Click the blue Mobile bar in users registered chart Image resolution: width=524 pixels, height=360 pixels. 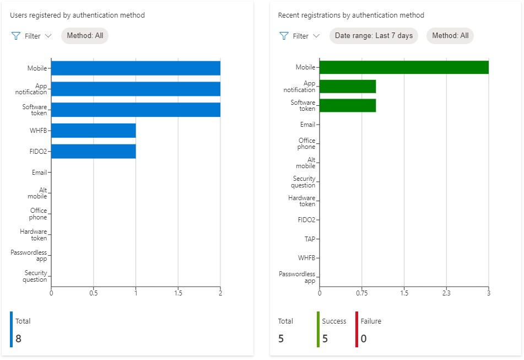coord(136,68)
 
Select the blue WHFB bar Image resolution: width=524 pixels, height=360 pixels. coord(93,131)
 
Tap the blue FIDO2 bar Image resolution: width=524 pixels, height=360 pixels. coord(93,151)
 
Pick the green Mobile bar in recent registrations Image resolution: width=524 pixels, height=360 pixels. coord(404,67)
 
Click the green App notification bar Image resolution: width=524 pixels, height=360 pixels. coord(348,87)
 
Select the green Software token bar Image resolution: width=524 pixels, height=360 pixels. coord(348,105)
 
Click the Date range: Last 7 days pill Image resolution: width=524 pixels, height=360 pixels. coord(374,36)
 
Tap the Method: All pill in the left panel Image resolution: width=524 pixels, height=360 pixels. coord(85,36)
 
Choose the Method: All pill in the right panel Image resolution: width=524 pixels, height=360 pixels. coord(450,36)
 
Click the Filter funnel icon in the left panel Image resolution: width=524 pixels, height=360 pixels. coord(16,36)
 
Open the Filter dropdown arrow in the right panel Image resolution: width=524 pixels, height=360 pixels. coord(316,36)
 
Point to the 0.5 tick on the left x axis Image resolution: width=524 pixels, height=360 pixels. coord(93,293)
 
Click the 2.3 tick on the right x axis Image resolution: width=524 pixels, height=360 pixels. coord(446,293)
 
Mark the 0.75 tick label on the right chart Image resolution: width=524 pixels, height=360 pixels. coord(362,293)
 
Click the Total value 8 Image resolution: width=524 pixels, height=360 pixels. coord(19,338)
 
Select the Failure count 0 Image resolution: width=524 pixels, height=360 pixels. coord(364,338)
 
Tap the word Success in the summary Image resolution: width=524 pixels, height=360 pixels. coord(334,321)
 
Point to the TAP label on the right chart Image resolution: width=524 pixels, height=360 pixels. coord(310,239)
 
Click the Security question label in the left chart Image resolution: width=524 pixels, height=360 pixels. coord(35,276)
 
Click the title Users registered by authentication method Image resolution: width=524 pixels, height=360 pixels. coord(77,15)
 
